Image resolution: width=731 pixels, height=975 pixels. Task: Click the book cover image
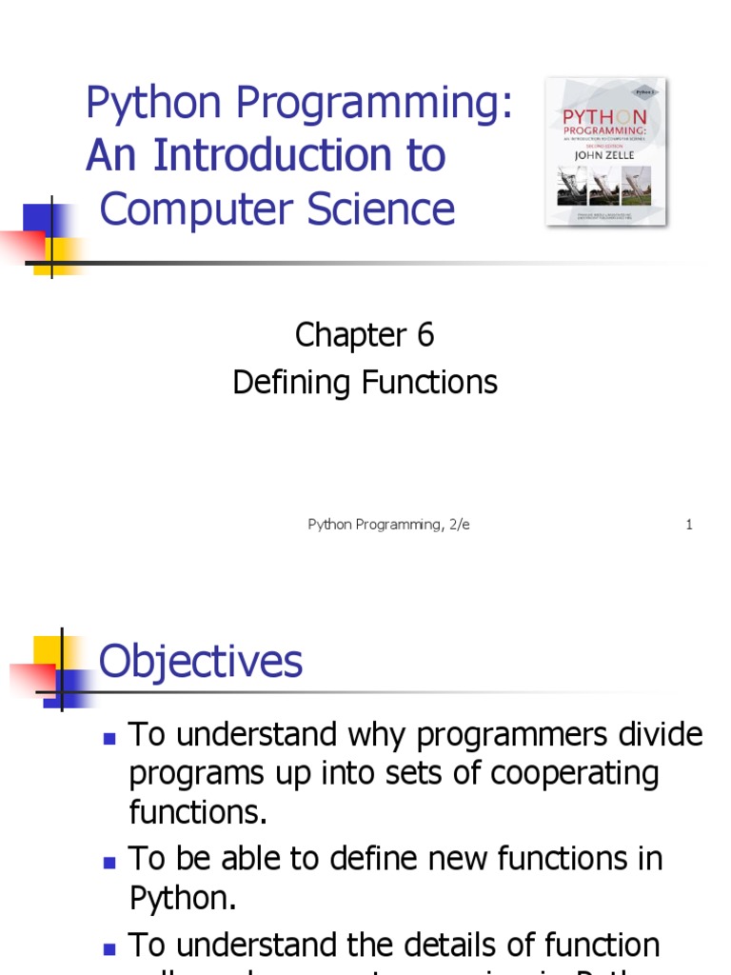[605, 152]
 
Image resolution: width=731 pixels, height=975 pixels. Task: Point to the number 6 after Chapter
[425, 335]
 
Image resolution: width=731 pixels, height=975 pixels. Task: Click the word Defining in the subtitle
[292, 383]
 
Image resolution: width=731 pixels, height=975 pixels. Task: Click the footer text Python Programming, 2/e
[388, 525]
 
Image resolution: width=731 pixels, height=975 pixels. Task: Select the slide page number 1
[689, 525]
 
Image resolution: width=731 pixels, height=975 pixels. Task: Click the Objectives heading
[201, 661]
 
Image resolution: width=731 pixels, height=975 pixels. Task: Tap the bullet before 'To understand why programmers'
[109, 738]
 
